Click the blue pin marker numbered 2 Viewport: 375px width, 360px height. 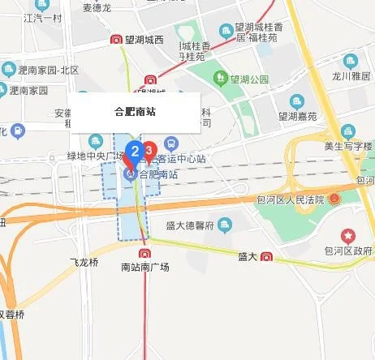point(136,151)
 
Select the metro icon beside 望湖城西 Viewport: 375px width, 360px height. point(117,40)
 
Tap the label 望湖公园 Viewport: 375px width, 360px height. point(249,79)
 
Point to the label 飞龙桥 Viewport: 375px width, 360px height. point(84,262)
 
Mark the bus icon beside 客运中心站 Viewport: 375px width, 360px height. point(170,143)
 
